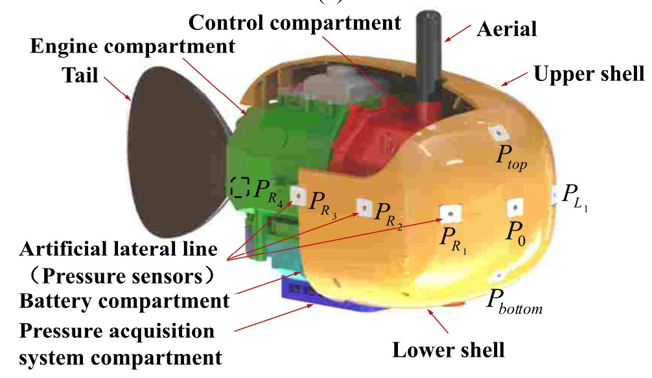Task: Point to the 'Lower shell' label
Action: (448, 350)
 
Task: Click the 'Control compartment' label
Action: (294, 23)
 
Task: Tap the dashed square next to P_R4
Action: (240, 187)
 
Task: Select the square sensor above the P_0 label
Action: (514, 207)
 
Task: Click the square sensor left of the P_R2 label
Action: (364, 206)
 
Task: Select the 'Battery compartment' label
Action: (124, 301)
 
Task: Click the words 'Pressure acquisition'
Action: (117, 331)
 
